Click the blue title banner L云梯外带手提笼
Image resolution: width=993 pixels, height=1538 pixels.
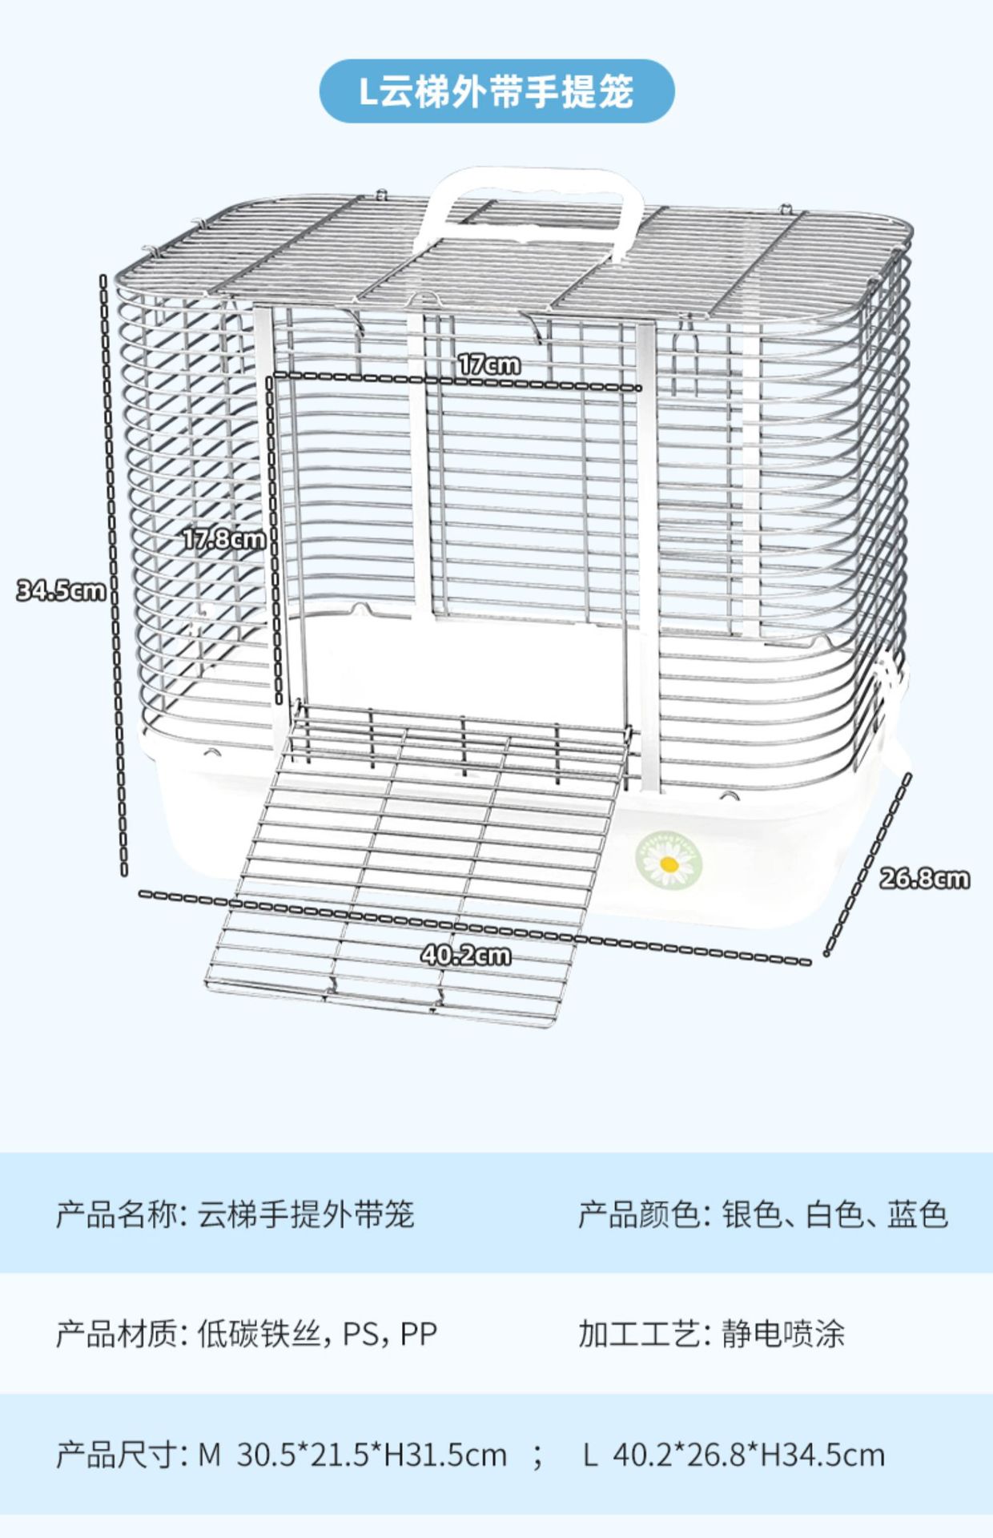pyautogui.click(x=496, y=92)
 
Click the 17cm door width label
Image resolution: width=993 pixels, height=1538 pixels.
pyautogui.click(x=489, y=364)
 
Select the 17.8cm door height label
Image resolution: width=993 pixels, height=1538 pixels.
pyautogui.click(x=223, y=538)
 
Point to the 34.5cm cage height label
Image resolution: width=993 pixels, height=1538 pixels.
pyautogui.click(x=61, y=591)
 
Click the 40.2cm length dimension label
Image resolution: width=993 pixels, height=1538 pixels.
pyautogui.click(x=465, y=955)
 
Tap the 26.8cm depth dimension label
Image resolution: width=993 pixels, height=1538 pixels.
pyautogui.click(x=924, y=879)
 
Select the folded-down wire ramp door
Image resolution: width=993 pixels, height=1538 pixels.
pyautogui.click(x=416, y=865)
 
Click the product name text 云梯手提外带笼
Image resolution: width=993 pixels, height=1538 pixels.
pyautogui.click(x=306, y=1215)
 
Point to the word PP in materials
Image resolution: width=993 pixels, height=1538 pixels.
pyautogui.click(x=419, y=1335)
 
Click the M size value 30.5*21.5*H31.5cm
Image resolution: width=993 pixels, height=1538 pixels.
pyautogui.click(x=372, y=1455)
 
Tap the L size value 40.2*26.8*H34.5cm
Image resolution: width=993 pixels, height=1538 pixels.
pyautogui.click(x=749, y=1455)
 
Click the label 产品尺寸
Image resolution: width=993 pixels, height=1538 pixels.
pyautogui.click(x=116, y=1455)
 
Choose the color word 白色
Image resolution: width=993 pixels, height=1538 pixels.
pyautogui.click(x=834, y=1215)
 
